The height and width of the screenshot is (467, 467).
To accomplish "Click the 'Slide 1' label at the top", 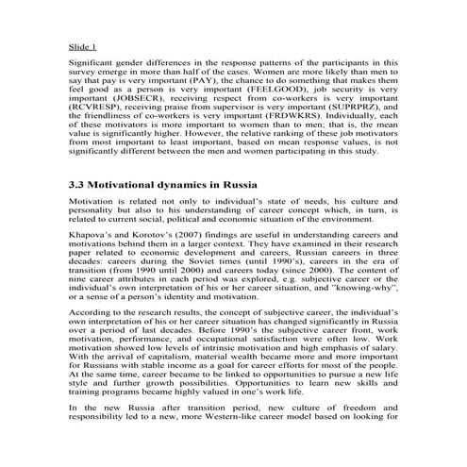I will (82, 44).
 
